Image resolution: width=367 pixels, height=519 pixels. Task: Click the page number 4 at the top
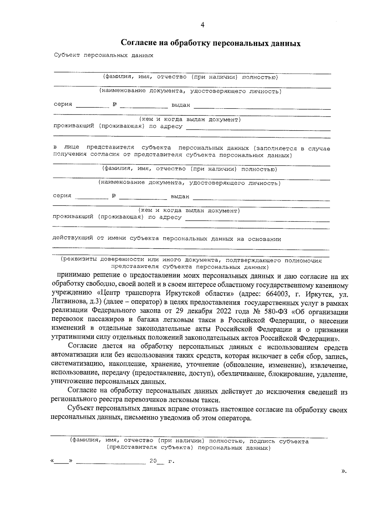[x=202, y=25]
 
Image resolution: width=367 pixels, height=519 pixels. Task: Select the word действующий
[x=73, y=239]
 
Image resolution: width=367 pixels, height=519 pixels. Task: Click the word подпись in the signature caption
[x=262, y=441]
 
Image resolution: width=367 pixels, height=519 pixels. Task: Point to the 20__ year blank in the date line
[x=157, y=461]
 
